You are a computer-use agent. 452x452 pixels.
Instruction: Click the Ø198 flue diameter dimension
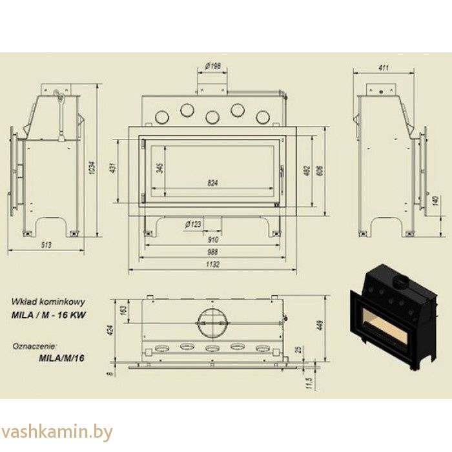point(212,66)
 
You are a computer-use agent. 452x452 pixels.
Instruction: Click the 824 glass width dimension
point(214,183)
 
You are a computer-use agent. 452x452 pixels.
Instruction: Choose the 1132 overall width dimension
point(214,265)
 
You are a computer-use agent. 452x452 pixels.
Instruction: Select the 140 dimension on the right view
point(436,201)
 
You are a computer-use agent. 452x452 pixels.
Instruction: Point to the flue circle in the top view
point(213,322)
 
